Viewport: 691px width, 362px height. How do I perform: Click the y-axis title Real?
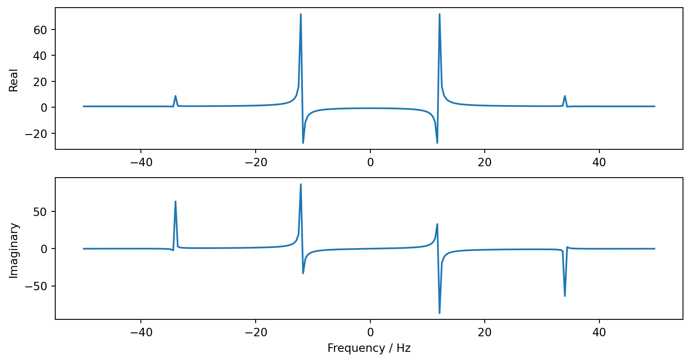coord(13,80)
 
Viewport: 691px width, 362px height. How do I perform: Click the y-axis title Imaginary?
coord(13,250)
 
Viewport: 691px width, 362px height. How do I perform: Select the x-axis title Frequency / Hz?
coord(369,348)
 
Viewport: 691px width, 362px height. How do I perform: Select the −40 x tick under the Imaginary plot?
coord(141,332)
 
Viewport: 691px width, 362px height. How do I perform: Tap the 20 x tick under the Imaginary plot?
coord(485,332)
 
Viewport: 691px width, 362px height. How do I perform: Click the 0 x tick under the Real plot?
coord(370,162)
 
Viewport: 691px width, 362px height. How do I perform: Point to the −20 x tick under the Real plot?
coord(255,162)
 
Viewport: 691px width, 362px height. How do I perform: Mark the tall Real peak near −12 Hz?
coord(301,14)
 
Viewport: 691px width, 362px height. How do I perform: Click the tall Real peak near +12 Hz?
coord(440,14)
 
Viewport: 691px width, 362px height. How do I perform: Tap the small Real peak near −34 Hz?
coord(175,96)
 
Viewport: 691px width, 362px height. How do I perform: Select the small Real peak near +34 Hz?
coord(565,96)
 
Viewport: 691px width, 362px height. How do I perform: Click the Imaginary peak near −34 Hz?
coord(175,202)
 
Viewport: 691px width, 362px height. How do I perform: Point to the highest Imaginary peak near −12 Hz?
coord(301,184)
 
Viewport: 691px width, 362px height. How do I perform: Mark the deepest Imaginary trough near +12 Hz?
coord(440,313)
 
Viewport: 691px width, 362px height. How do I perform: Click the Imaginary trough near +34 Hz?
coord(565,296)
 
